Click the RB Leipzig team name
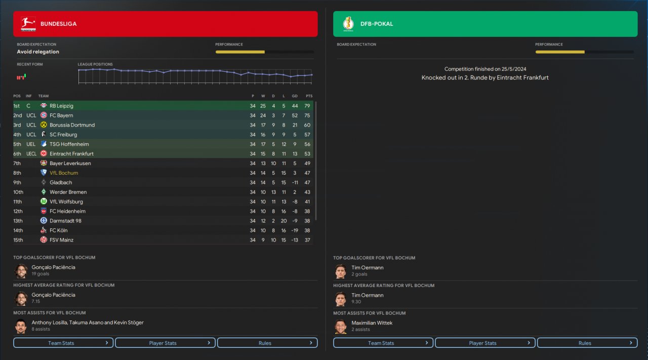(61, 106)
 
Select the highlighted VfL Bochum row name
(64, 173)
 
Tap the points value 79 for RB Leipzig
(308, 106)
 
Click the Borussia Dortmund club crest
(44, 125)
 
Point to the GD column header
(295, 96)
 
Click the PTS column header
(309, 96)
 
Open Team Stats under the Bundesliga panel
(63, 343)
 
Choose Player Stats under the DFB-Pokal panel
(485, 343)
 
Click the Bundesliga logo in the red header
(28, 24)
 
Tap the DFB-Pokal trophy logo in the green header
(348, 24)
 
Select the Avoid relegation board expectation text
(38, 52)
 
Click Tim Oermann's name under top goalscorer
(368, 267)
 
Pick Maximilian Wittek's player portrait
(341, 327)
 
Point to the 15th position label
(18, 240)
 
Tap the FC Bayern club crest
(44, 115)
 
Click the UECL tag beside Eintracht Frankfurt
(31, 154)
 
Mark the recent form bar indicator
(21, 77)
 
